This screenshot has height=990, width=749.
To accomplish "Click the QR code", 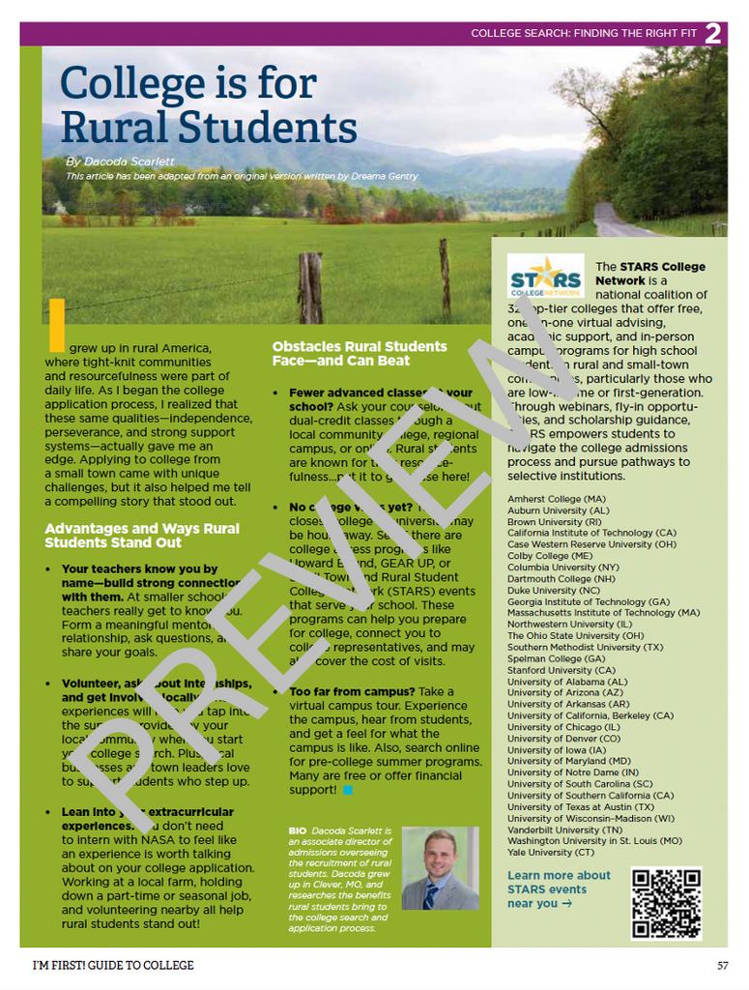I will click(666, 903).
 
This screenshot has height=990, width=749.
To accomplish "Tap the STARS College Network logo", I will click(545, 277).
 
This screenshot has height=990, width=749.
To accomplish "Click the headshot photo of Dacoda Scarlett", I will click(440, 868).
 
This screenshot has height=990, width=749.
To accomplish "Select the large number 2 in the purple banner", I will click(713, 34).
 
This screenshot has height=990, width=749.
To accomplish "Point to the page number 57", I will click(722, 965).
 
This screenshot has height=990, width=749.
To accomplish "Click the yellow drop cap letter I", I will click(56, 325).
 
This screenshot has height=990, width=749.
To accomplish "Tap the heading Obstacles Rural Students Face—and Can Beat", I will click(359, 353).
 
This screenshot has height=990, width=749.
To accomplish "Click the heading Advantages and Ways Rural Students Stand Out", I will click(141, 536).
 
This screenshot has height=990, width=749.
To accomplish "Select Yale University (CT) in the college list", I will click(551, 852).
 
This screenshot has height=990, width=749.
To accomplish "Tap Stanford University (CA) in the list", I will click(561, 670).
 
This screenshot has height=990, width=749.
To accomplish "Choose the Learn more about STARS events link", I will click(559, 889).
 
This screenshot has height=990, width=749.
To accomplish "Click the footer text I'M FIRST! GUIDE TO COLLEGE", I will click(113, 965).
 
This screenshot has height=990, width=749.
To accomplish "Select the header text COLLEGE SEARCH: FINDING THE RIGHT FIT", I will click(584, 34).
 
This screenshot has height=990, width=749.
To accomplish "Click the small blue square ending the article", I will click(348, 790).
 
